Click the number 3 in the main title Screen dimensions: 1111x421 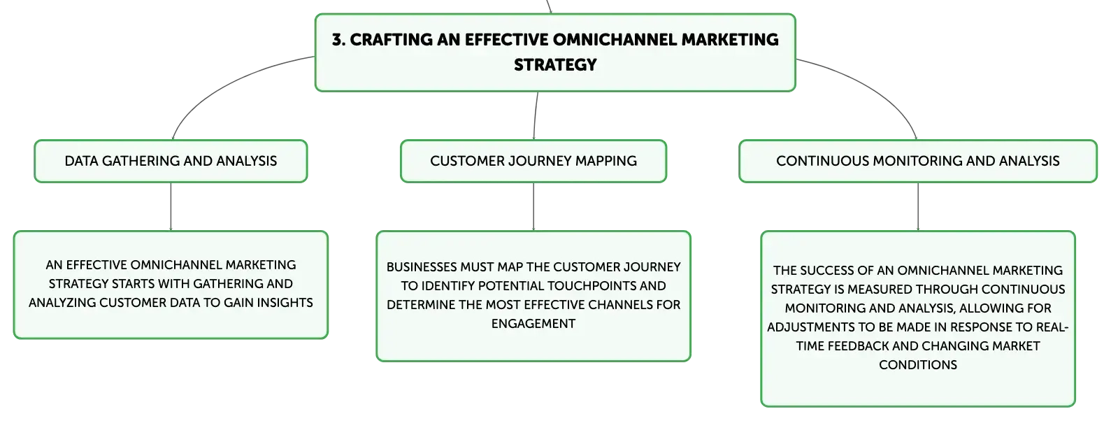coord(337,40)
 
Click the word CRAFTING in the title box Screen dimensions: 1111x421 coord(391,40)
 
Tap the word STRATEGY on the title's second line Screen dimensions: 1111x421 coord(555,65)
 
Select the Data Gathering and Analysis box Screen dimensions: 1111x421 coord(171,161)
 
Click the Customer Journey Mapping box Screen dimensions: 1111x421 coord(533,161)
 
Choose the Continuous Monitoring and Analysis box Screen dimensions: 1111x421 coord(917,161)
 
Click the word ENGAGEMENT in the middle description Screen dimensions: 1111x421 coord(533,324)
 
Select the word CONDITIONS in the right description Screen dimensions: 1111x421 coord(917,365)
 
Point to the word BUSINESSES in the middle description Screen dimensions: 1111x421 coord(422,267)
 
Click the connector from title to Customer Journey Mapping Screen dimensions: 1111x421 coord(536,115)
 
